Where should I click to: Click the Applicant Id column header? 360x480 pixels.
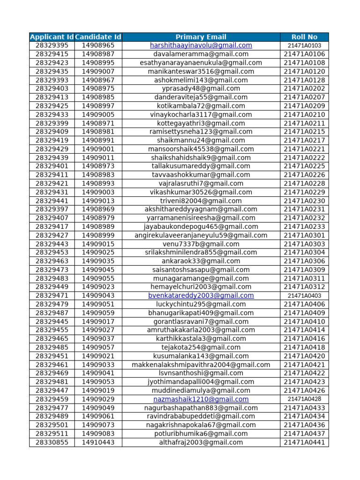[x=52, y=37]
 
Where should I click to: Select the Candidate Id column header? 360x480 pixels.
[x=98, y=37]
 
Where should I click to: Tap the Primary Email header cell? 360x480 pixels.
[x=201, y=37]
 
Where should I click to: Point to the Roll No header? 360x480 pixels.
[x=304, y=37]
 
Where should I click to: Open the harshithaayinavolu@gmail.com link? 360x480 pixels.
[x=201, y=45]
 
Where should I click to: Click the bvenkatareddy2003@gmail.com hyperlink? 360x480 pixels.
[x=201, y=296]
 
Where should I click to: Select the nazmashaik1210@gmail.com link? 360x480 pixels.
[x=201, y=399]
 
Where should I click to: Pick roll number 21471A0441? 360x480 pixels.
[x=304, y=442]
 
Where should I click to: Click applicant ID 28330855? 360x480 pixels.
[x=52, y=442]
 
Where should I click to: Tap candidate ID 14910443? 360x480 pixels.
[x=98, y=442]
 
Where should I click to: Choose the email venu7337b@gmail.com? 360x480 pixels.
[x=201, y=244]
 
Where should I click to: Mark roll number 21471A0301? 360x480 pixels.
[x=304, y=235]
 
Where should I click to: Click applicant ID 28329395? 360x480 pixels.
[x=52, y=45]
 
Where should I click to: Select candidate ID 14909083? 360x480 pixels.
[x=98, y=434]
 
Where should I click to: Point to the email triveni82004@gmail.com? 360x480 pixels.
[x=201, y=201]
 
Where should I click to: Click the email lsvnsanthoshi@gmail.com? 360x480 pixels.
[x=201, y=374]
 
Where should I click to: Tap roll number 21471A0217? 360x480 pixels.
[x=304, y=140]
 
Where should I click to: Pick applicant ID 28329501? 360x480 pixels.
[x=52, y=425]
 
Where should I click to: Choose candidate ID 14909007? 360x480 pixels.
[x=98, y=71]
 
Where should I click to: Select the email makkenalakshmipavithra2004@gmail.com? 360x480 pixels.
[x=201, y=365]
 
